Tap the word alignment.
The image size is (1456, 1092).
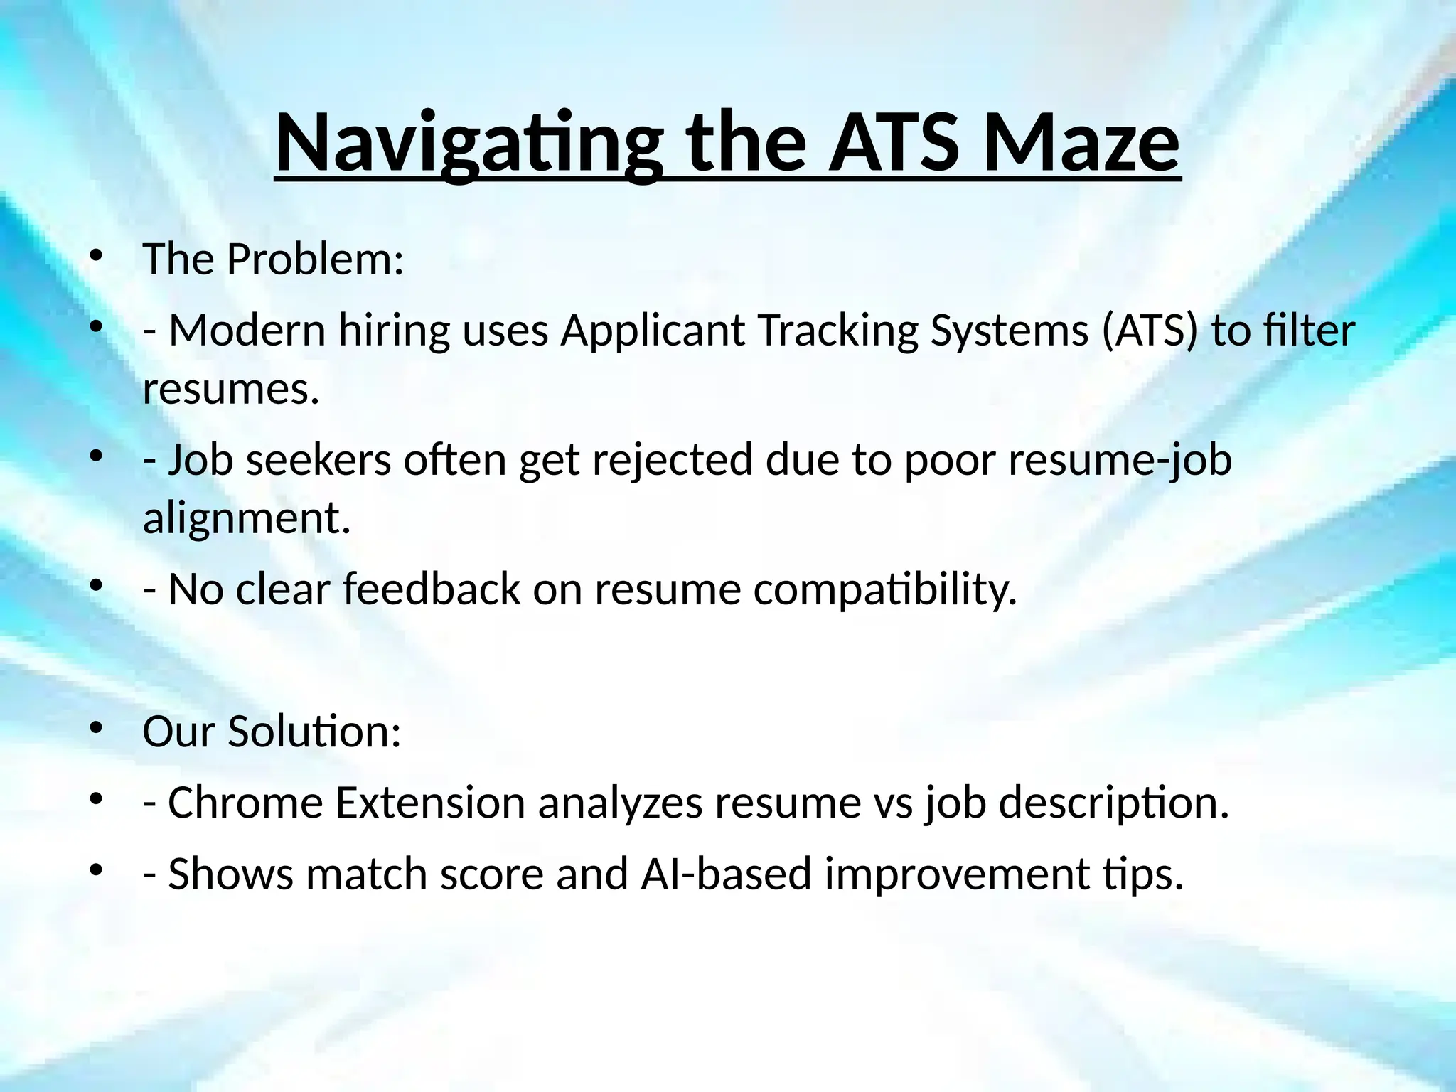click(x=247, y=518)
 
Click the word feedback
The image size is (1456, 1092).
click(x=432, y=589)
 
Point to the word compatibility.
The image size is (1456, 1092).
click(x=885, y=591)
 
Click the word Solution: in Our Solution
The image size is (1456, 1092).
click(x=314, y=732)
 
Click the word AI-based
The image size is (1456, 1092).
click(x=726, y=874)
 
